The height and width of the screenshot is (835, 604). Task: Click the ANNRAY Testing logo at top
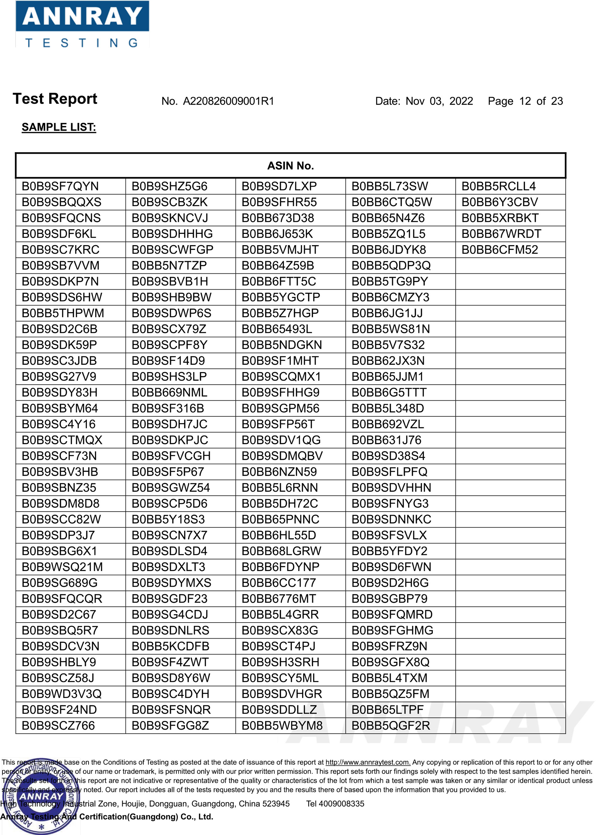pos(82,24)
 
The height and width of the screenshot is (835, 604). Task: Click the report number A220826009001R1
pos(228,101)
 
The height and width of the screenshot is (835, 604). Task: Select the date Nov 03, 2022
pos(439,101)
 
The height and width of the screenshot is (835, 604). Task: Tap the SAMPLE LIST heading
pos(59,127)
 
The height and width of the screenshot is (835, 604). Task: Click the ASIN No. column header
pos(290,166)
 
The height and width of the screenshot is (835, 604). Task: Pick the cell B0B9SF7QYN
pos(60,186)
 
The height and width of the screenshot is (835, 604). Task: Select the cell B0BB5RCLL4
pos(498,186)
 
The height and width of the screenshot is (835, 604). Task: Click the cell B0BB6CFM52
pos(499,250)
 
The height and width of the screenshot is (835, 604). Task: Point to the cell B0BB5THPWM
pos(63,313)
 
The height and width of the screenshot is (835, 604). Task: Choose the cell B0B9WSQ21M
pos(62,567)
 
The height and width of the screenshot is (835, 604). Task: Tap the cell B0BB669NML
pos(169,393)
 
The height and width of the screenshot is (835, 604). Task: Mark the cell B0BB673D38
pos(277,218)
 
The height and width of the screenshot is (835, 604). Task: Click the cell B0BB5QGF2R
pos(390,725)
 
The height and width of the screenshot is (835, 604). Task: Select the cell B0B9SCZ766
pos(58,725)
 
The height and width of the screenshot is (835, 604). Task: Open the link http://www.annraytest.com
pos(367,762)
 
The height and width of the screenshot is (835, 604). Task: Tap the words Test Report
pos(55,99)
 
